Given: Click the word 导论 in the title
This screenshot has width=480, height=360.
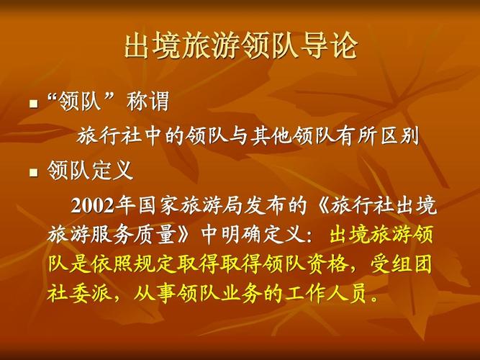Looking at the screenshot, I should click(x=335, y=45).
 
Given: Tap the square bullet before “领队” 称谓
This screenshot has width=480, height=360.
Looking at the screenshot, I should click(x=32, y=105).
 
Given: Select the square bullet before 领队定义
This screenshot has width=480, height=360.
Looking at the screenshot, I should click(x=32, y=174).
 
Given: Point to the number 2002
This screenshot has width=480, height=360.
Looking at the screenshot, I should click(x=92, y=206).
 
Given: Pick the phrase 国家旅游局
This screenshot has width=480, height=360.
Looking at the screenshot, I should click(x=171, y=206).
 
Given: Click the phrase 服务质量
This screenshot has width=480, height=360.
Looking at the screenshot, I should click(x=137, y=235).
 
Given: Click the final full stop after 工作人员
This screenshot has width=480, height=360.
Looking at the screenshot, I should click(x=371, y=297).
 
